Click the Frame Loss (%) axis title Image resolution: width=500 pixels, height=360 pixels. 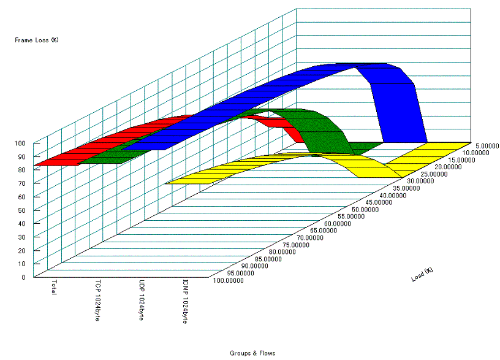(x=37, y=40)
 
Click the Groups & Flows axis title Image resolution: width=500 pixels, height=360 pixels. (x=252, y=353)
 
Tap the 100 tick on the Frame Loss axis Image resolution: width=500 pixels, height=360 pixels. (x=20, y=143)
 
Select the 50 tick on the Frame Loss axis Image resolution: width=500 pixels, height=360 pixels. (x=21, y=210)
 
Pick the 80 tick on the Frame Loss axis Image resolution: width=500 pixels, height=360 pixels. (x=21, y=170)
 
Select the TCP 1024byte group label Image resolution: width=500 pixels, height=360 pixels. (x=97, y=300)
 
